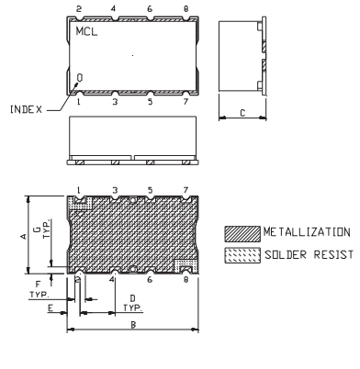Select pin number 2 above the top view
pos(78,7)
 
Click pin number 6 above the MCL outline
pos(150,7)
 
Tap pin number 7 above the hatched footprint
pos(186,190)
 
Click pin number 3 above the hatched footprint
pos(114,190)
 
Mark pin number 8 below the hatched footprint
pos(186,281)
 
